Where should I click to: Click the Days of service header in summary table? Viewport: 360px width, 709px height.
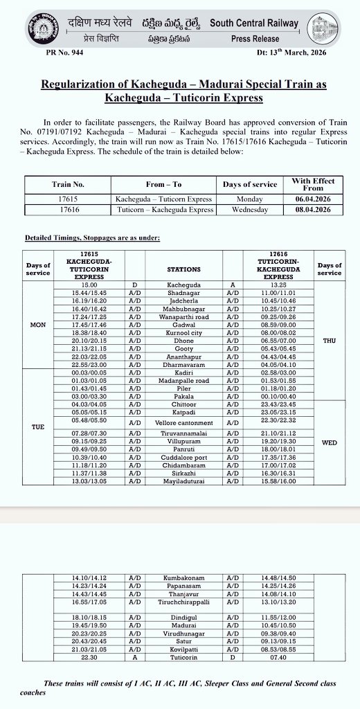point(250,184)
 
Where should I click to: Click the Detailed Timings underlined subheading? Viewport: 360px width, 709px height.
point(92,238)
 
